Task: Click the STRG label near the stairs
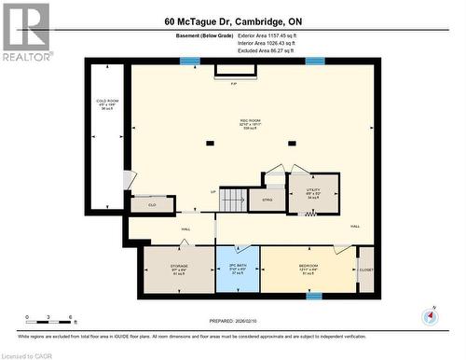(267, 199)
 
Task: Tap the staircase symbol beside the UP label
(236, 199)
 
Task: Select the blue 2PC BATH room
(238, 270)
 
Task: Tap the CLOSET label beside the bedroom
(365, 270)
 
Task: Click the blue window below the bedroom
(314, 297)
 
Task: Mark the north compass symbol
(430, 316)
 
